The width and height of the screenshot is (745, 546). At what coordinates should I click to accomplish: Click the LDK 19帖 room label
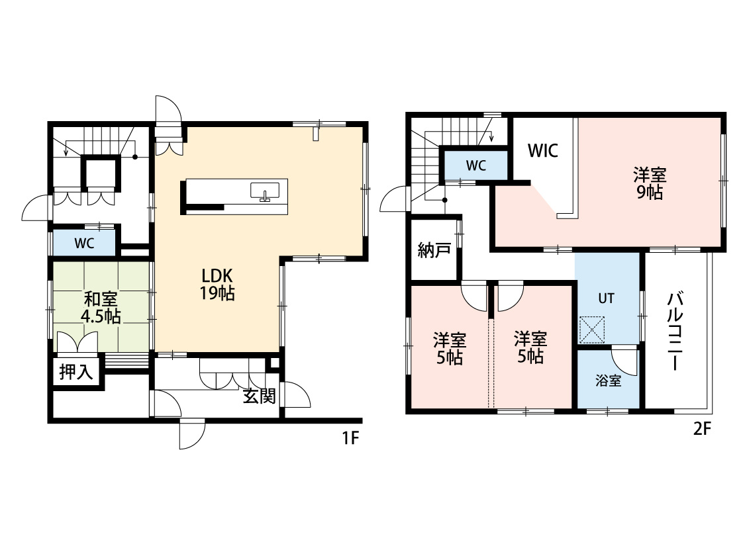pos(218,284)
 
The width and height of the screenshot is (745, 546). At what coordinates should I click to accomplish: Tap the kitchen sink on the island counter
pos(265,192)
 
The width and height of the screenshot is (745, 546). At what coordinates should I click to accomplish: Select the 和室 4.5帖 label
pos(101,308)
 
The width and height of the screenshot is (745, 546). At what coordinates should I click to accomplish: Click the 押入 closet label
pos(76,372)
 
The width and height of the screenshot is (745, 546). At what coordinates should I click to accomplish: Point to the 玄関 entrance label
pos(260,396)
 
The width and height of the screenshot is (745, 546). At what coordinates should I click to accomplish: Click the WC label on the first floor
pos(84,244)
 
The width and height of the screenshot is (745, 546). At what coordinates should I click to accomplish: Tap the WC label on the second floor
pos(475,165)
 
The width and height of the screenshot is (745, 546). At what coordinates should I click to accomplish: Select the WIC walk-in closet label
pos(542,150)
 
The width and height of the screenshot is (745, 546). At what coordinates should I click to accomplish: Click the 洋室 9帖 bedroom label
pos(650,183)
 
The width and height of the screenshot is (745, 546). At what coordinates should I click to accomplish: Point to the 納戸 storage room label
pos(434,250)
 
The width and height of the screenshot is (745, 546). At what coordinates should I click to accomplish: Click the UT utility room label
pos(606,298)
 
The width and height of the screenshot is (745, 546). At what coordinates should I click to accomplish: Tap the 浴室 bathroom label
pos(608,381)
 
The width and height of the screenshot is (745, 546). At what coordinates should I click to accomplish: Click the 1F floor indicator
pos(350,437)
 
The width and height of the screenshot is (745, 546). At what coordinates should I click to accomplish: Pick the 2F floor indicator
pos(702,429)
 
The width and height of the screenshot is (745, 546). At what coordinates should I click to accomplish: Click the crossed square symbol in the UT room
pos(592,330)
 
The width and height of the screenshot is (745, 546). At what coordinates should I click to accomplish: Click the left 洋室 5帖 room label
pos(450,349)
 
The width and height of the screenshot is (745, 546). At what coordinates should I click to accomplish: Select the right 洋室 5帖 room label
pos(530,347)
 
